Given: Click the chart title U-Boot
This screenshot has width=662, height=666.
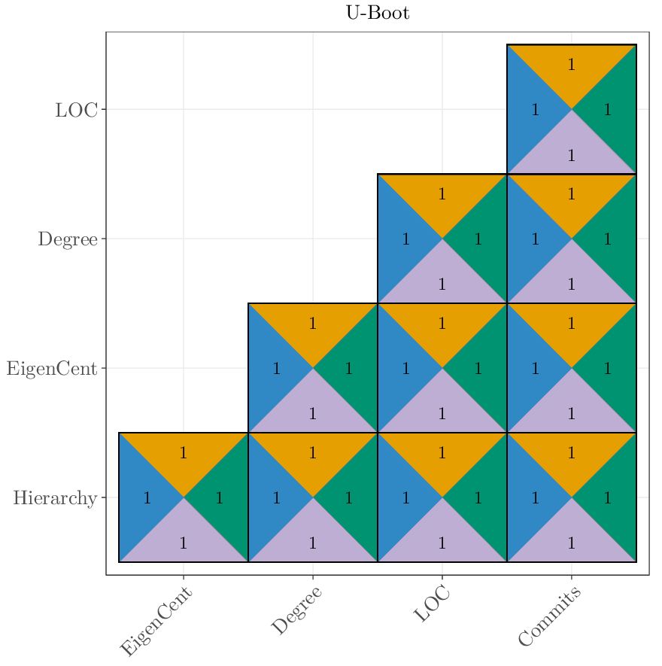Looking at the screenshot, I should point(378,13).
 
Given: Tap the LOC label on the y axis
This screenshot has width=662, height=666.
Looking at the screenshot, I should point(76,110).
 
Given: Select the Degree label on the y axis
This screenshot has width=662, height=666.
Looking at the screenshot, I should point(68,239).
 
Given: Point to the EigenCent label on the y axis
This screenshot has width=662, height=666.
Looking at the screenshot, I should point(52,369).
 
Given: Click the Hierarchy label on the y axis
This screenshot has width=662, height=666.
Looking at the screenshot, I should point(55,498).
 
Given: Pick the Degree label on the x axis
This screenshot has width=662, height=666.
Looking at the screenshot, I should point(296,611).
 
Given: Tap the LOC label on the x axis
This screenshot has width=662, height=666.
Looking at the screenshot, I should point(432,604).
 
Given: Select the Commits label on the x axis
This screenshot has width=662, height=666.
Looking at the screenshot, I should point(550,616).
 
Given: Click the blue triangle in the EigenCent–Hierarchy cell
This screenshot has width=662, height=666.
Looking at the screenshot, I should point(143,497).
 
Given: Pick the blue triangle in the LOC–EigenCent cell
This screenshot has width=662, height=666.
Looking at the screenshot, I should point(402,368).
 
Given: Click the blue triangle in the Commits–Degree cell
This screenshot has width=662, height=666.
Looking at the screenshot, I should point(531,239).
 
